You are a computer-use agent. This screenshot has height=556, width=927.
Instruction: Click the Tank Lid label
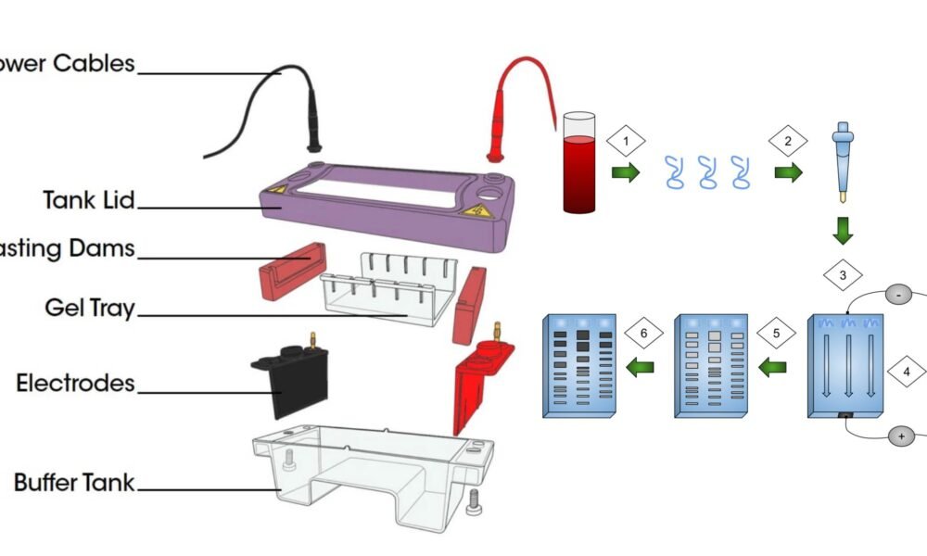tap(88, 199)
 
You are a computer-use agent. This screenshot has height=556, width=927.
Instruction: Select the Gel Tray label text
tap(89, 308)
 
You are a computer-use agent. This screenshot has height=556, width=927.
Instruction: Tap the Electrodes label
tap(75, 383)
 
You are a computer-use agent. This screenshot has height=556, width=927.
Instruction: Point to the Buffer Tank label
tap(73, 483)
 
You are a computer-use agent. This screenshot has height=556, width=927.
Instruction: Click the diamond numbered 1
tap(626, 142)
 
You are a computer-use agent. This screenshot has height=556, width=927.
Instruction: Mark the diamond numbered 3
tap(843, 275)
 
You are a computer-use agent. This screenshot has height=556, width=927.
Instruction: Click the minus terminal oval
tap(899, 296)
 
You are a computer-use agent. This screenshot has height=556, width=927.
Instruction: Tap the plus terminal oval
tap(899, 436)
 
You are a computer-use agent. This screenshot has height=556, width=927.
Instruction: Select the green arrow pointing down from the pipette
tap(843, 230)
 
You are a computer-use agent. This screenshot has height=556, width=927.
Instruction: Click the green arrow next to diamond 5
tap(772, 367)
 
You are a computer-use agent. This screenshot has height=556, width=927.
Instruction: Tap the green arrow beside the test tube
tap(626, 172)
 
